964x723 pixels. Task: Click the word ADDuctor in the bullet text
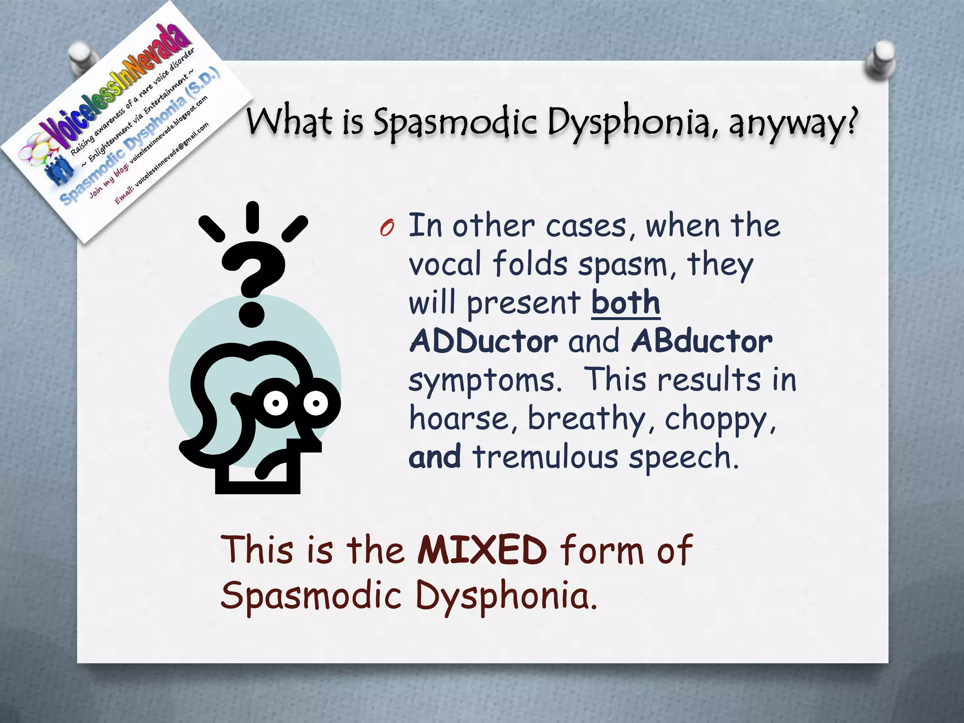(484, 341)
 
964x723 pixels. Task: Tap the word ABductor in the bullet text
(702, 341)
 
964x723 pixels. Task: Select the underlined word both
(626, 303)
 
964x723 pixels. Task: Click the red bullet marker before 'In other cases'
(387, 228)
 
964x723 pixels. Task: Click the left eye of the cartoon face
(275, 403)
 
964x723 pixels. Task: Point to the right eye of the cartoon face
(315, 403)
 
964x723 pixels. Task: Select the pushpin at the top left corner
(82, 56)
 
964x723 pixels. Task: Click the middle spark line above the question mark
(253, 217)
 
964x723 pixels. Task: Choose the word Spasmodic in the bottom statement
(311, 595)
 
